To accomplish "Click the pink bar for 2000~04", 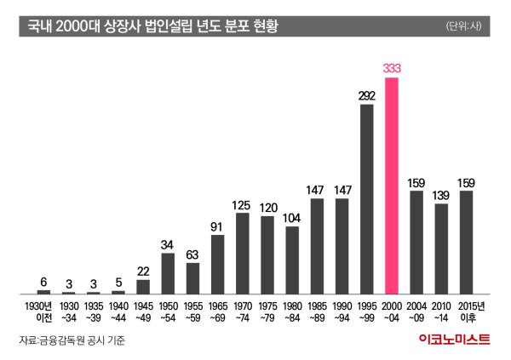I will coord(392,186).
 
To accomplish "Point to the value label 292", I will coord(367,95).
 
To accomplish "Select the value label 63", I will coord(192,254).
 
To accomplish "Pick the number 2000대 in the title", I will coord(75,26).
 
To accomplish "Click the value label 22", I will coord(143,271).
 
